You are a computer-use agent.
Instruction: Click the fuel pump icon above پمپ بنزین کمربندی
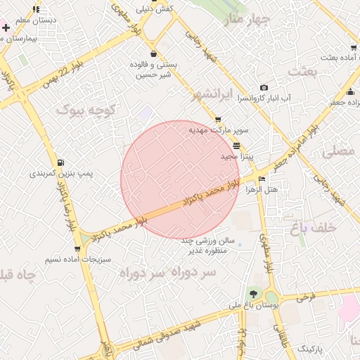[64, 162]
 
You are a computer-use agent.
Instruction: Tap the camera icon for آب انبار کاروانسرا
[264, 88]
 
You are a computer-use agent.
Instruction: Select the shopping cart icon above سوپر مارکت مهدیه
[219, 120]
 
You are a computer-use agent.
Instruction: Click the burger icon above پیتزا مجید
[237, 145]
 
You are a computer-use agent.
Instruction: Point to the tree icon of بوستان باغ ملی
[252, 294]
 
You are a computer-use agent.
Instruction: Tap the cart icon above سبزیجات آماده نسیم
[77, 248]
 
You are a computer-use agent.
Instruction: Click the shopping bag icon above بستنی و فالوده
[153, 53]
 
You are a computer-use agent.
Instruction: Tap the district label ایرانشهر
[215, 95]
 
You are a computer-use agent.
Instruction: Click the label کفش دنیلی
[155, 10]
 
